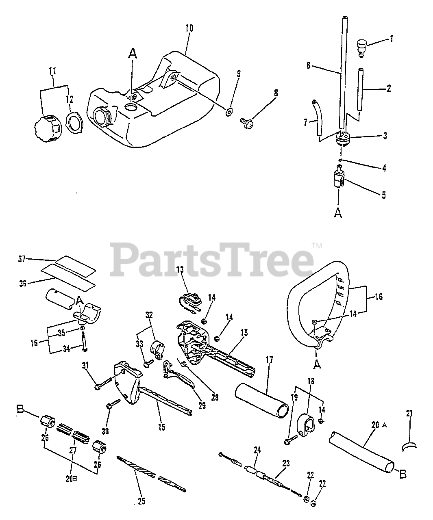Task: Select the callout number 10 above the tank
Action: (189, 28)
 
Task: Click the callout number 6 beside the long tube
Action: (308, 65)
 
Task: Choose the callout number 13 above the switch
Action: (181, 269)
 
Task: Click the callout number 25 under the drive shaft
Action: (141, 501)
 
